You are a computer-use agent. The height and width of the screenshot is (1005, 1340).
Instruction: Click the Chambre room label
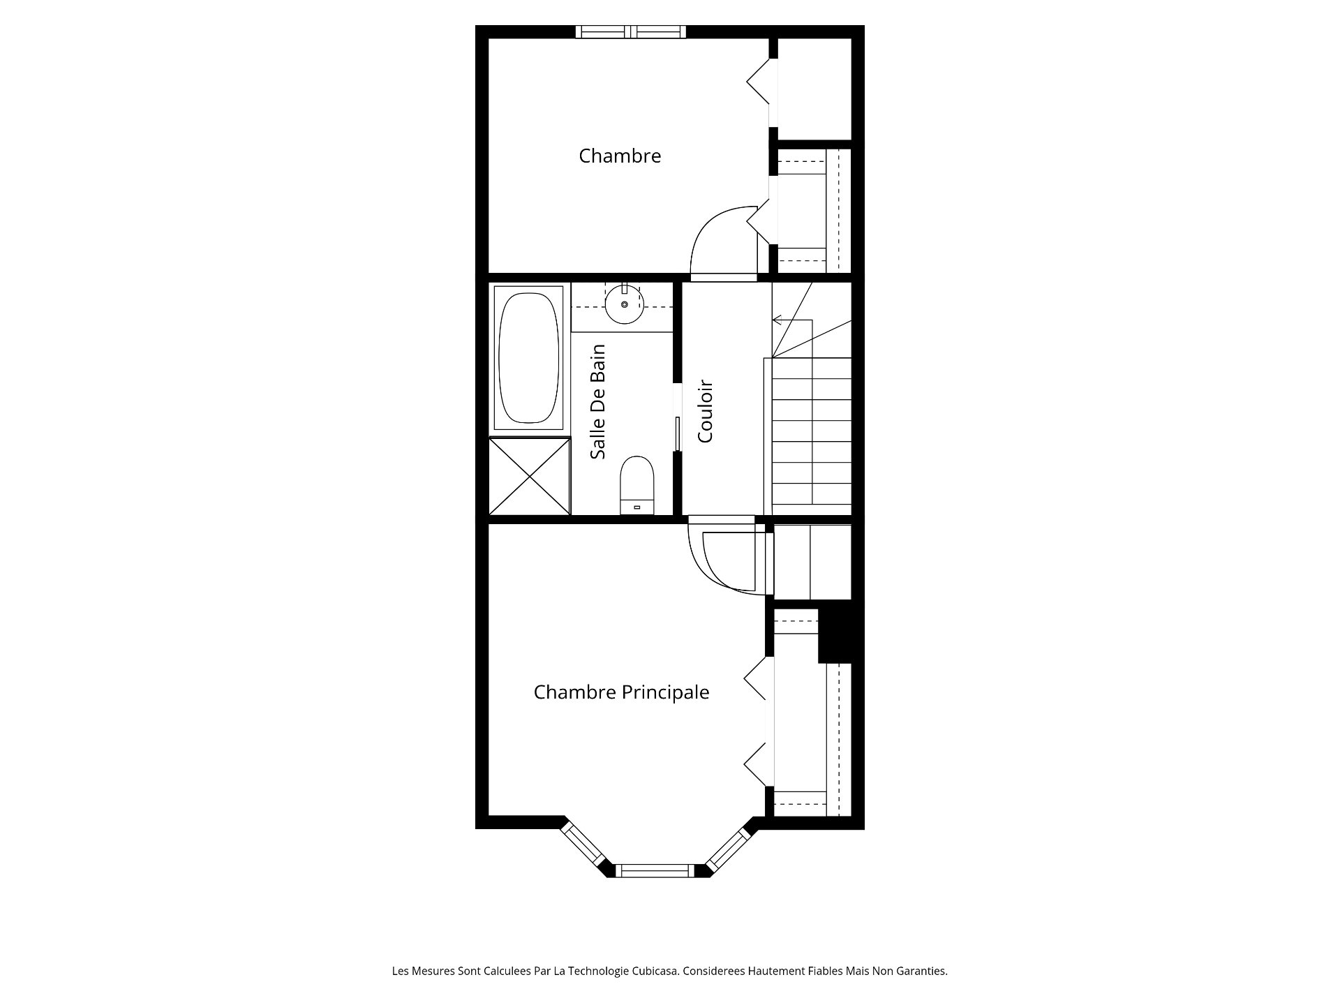620,156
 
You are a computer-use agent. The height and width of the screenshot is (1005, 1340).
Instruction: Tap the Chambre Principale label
621,692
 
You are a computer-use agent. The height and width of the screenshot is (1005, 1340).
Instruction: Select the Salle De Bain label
597,401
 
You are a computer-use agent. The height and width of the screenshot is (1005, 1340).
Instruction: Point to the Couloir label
705,411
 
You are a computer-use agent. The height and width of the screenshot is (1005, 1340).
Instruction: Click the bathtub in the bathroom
528,357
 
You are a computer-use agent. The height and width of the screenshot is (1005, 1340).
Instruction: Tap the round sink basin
624,304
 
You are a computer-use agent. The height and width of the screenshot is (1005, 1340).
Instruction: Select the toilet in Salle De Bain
636,485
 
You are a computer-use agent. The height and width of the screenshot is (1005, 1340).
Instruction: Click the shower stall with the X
530,476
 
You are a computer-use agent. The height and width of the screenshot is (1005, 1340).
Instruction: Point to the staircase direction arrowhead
777,320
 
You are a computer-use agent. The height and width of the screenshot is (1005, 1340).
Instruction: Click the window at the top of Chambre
631,31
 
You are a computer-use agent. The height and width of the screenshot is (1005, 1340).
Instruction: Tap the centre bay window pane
655,870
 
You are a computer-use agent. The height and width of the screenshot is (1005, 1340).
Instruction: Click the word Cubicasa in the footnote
655,971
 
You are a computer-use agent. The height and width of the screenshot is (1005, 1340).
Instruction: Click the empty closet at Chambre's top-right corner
814,89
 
